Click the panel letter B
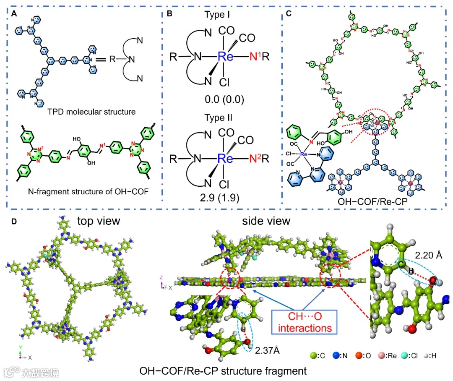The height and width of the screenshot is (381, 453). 169,14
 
